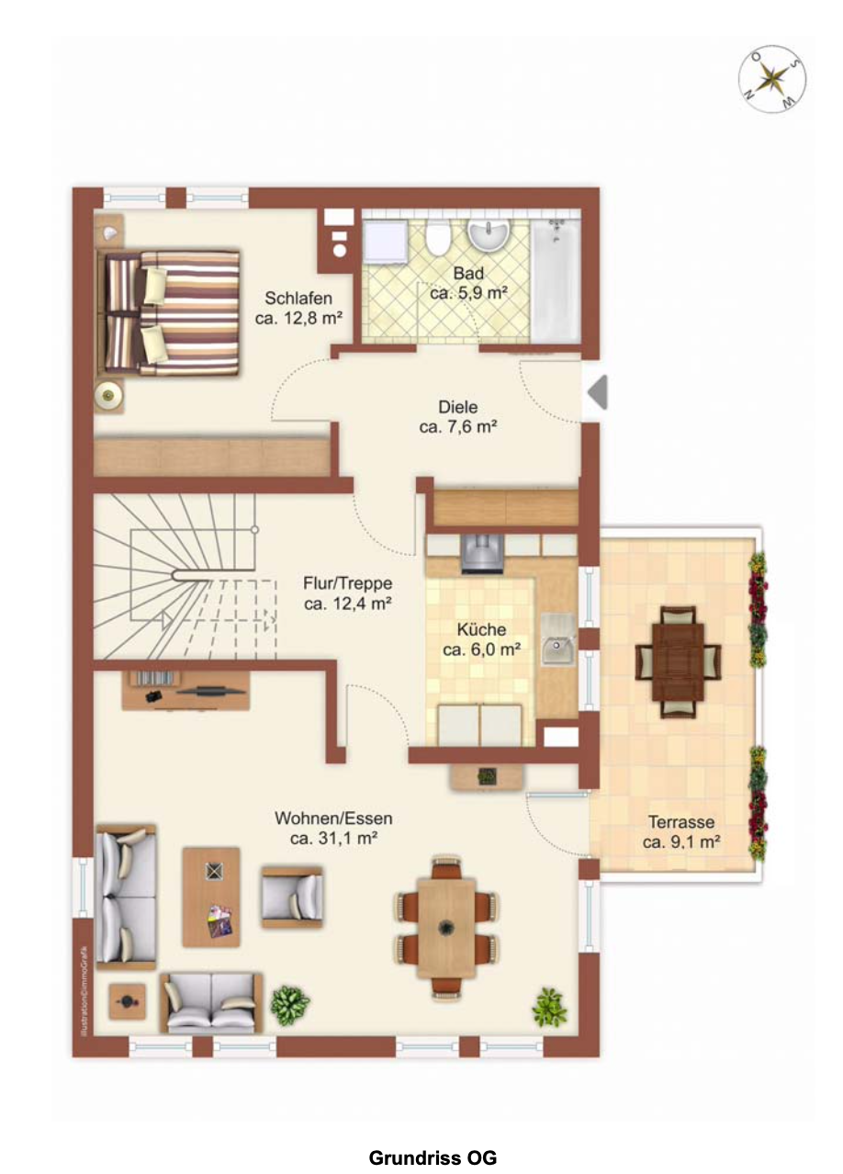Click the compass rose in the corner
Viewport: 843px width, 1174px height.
tap(771, 79)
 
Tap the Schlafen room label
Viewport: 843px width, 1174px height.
tap(298, 298)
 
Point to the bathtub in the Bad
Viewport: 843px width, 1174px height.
tap(556, 281)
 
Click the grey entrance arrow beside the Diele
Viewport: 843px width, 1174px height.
tap(598, 392)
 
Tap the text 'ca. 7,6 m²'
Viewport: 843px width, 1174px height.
tap(458, 426)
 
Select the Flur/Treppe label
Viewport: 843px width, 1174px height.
tap(347, 583)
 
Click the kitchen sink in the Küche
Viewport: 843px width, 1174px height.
tap(558, 644)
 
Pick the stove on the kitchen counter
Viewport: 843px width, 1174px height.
tap(482, 553)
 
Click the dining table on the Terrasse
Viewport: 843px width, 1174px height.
tap(678, 661)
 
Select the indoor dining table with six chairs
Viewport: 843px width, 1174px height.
tap(446, 928)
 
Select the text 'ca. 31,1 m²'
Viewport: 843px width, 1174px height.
tap(333, 838)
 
